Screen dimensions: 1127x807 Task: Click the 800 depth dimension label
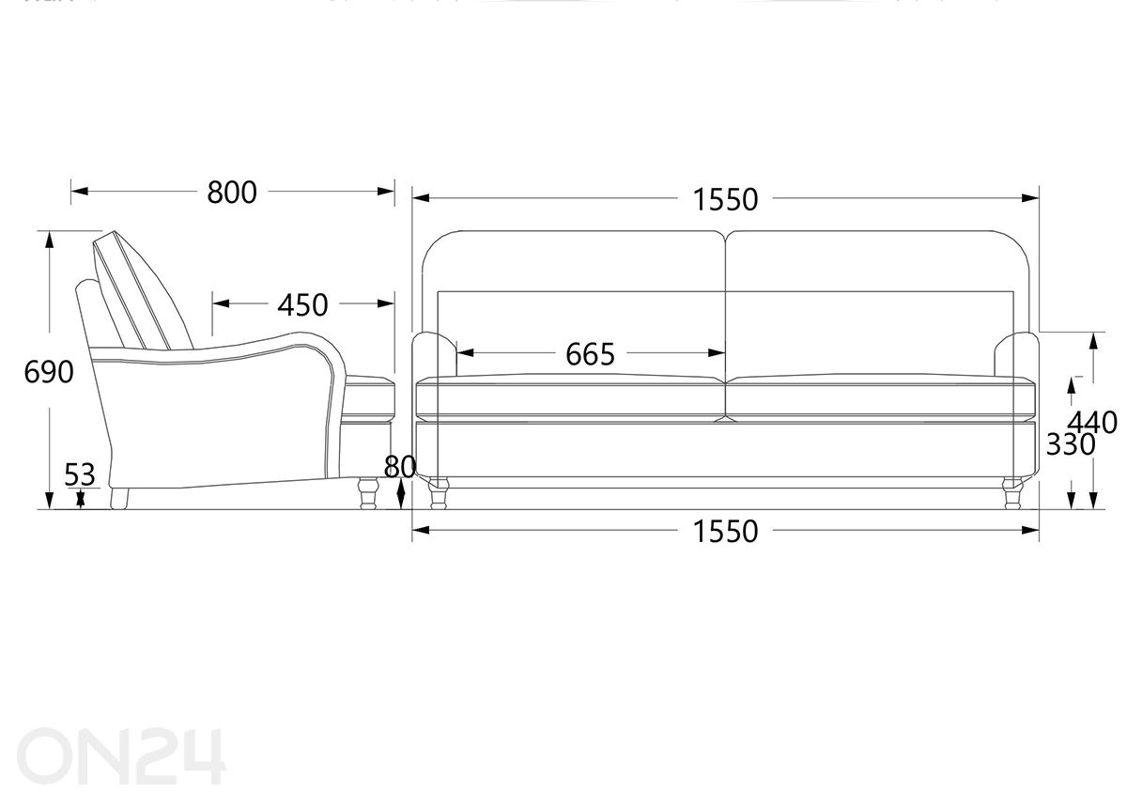(x=232, y=193)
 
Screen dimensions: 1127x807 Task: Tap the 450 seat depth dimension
(x=302, y=305)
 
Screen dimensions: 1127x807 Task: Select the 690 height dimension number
(x=49, y=372)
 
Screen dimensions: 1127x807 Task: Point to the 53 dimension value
(x=80, y=474)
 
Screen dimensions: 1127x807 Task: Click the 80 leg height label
(x=399, y=467)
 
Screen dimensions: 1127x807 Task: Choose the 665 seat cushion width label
(x=590, y=354)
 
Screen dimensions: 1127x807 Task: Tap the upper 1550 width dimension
(x=725, y=199)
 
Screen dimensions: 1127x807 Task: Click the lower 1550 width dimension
(x=725, y=531)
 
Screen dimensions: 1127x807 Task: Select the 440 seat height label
(x=1092, y=423)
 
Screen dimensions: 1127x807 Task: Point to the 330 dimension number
(x=1071, y=444)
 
